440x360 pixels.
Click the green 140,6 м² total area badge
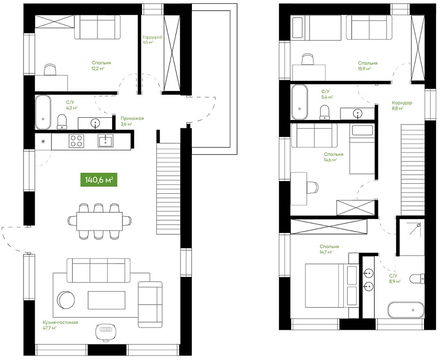(99, 179)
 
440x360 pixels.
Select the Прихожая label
(132, 118)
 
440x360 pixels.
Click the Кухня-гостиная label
(61, 323)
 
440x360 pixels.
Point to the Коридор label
(402, 103)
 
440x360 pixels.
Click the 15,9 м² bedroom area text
(364, 68)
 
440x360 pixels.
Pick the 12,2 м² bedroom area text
(98, 68)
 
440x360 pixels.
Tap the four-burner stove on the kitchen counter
(76, 141)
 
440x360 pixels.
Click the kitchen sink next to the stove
(106, 141)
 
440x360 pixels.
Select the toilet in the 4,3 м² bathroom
(62, 122)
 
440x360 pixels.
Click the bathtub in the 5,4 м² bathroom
(299, 102)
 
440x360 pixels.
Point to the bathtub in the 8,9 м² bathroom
(406, 310)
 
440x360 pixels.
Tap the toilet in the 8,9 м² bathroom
(417, 279)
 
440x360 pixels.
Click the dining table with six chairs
(100, 221)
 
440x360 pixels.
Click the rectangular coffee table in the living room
(107, 300)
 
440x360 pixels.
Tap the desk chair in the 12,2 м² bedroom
(50, 70)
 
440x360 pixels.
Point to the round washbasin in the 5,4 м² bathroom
(358, 114)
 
